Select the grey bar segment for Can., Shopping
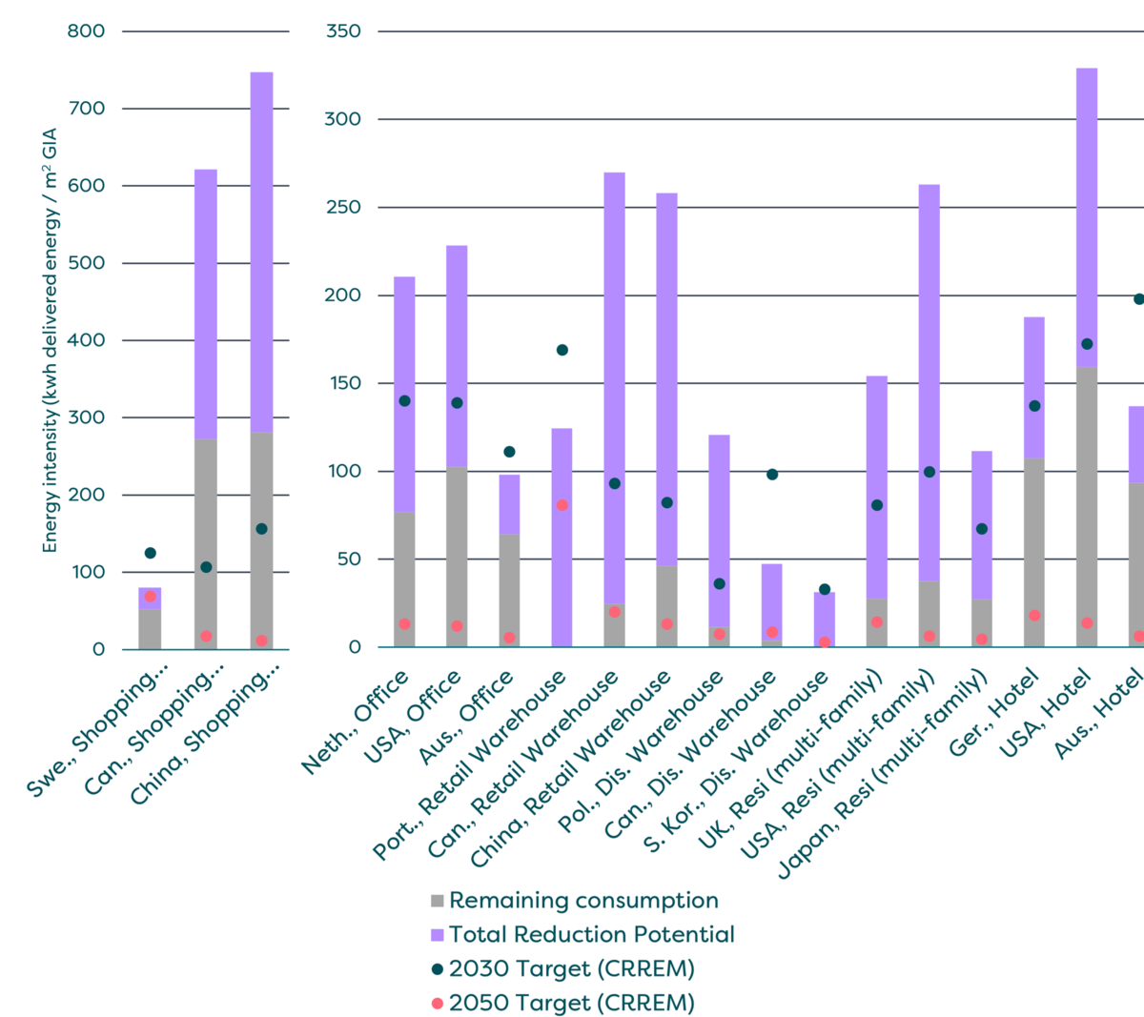click(x=206, y=543)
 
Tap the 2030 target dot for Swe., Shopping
click(x=150, y=553)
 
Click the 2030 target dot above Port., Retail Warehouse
click(x=562, y=350)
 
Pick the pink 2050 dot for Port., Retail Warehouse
click(x=562, y=505)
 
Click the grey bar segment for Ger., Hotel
click(x=1034, y=553)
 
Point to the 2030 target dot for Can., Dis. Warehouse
click(x=772, y=474)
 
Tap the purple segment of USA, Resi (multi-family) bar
click(x=929, y=381)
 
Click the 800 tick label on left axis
click(x=86, y=31)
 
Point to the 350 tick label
click(x=343, y=31)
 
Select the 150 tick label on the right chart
click(x=343, y=383)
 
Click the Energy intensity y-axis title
click(x=51, y=340)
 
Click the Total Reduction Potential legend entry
click(x=591, y=935)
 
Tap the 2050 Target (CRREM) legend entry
click(x=571, y=1004)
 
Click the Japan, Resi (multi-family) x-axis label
click(x=882, y=773)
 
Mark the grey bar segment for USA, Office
click(x=457, y=558)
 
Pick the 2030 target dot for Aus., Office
click(x=509, y=452)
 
